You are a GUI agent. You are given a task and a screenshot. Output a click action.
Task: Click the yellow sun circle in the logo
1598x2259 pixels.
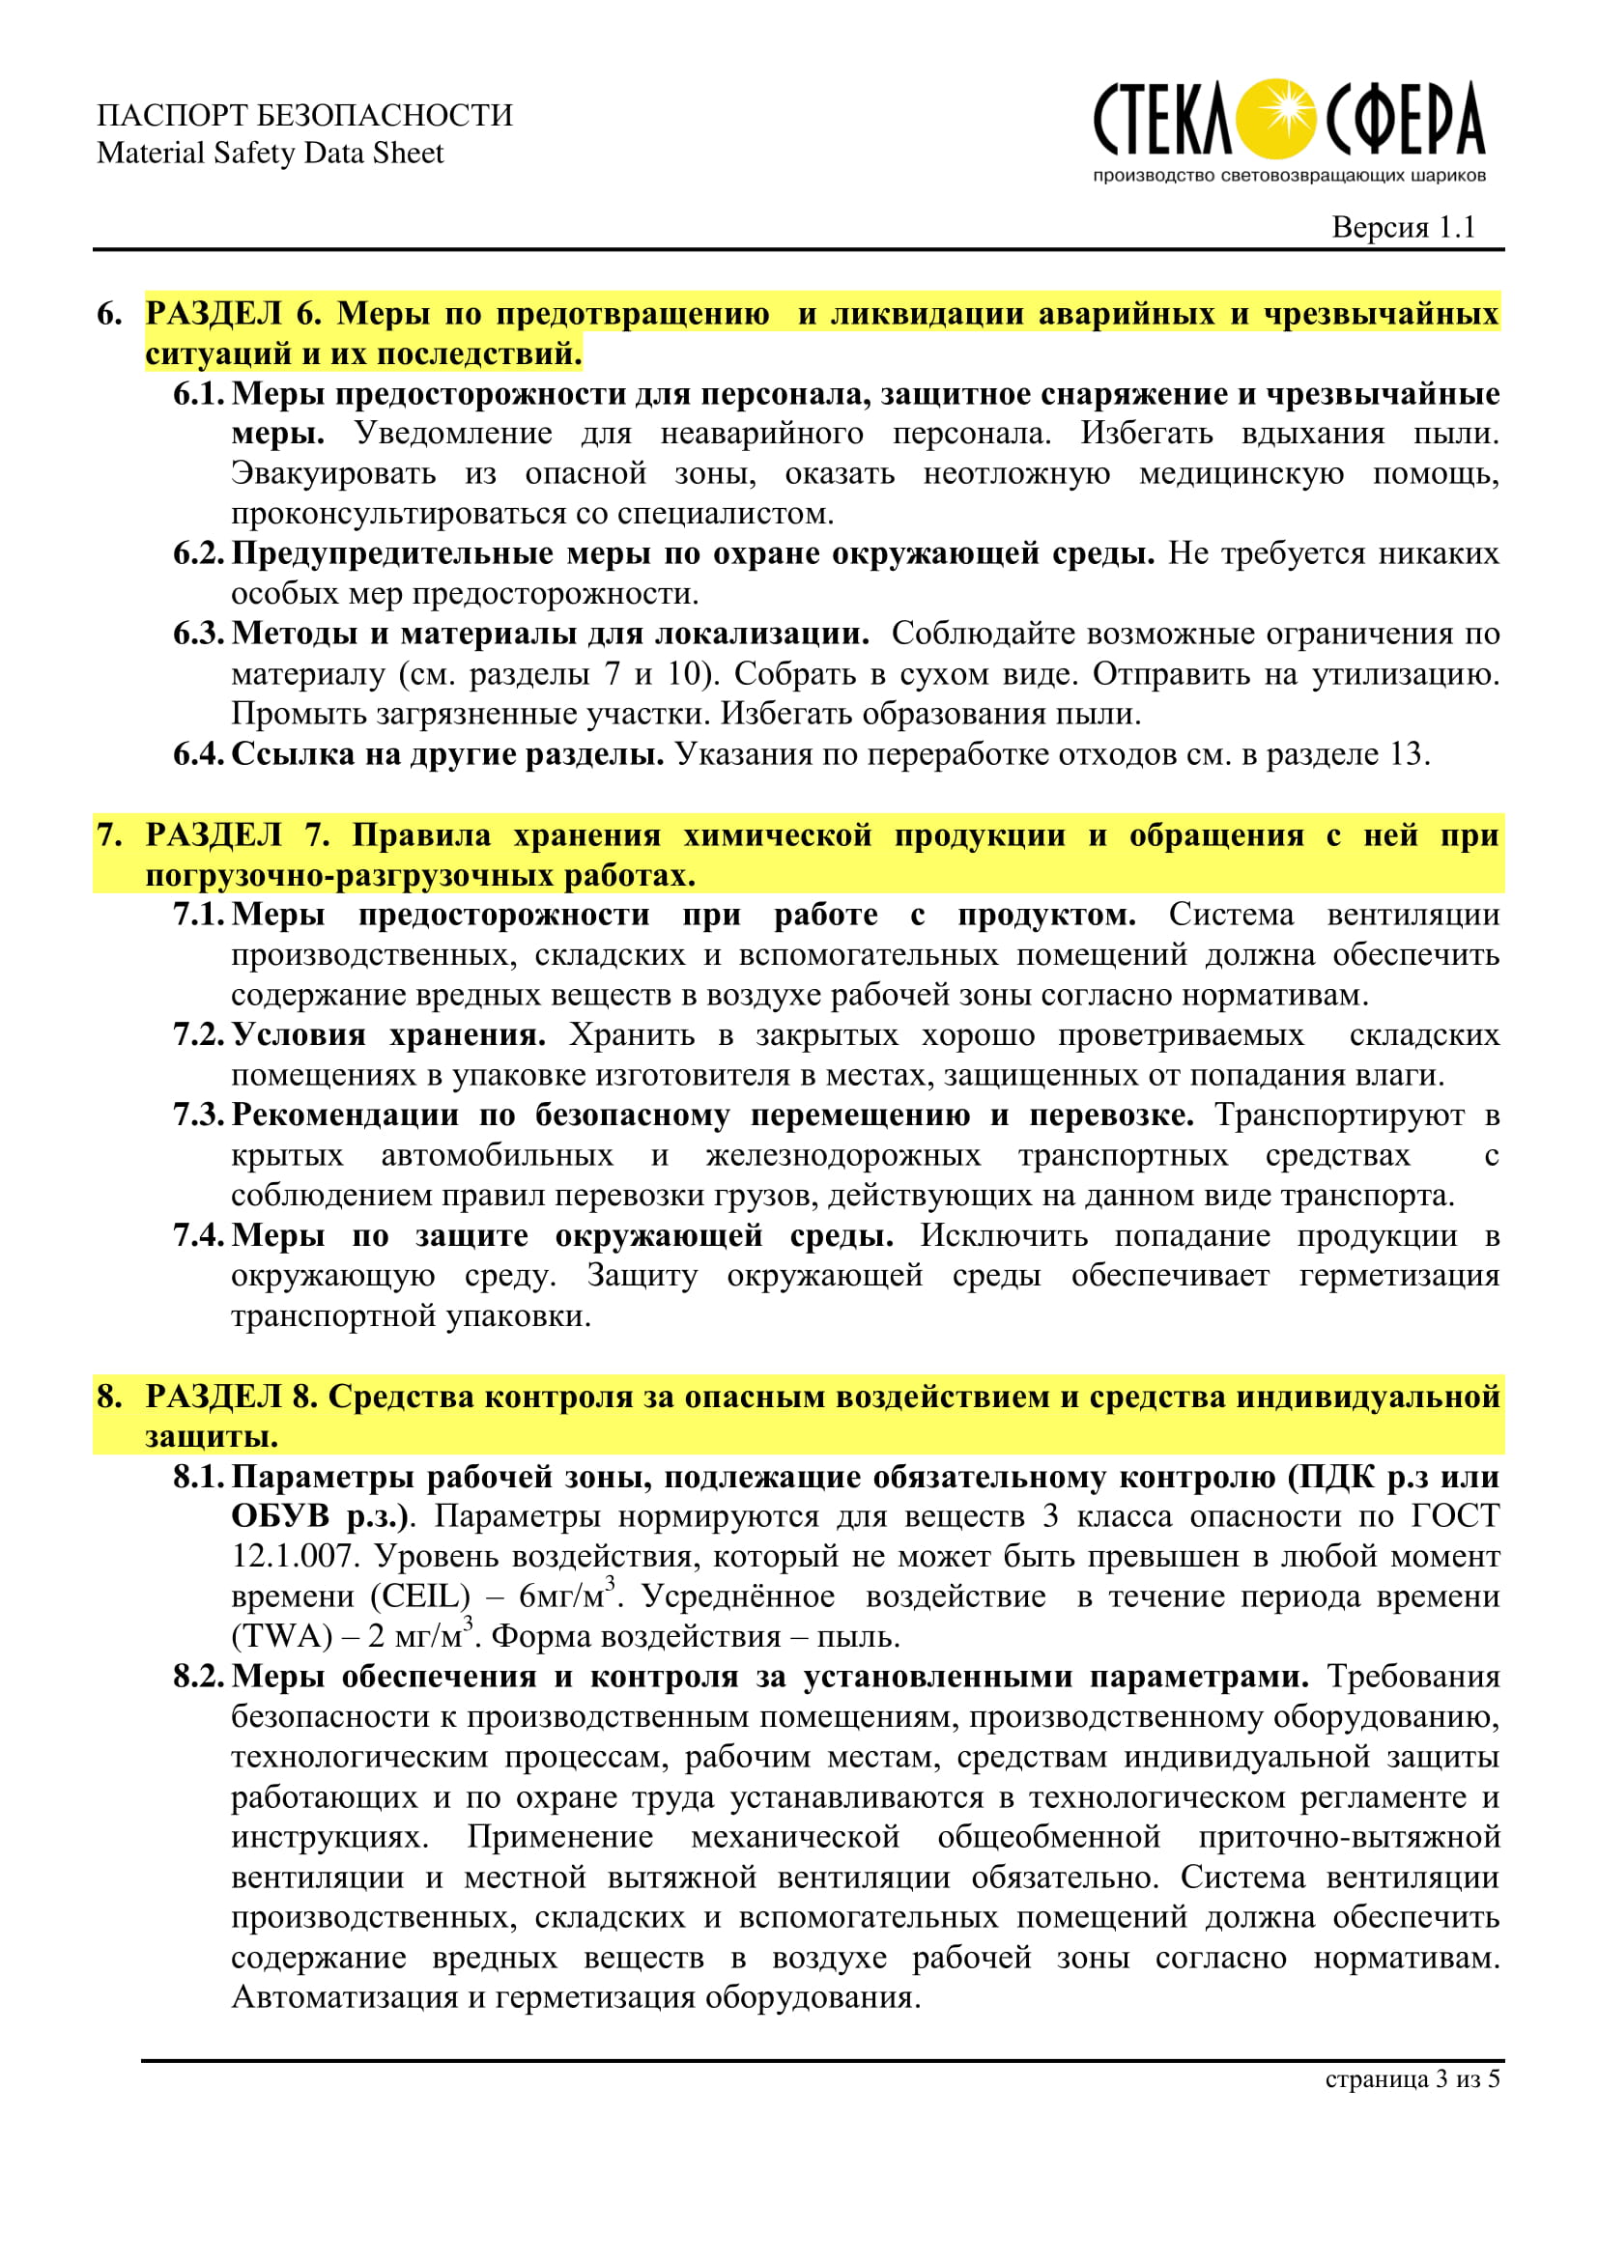tap(1275, 119)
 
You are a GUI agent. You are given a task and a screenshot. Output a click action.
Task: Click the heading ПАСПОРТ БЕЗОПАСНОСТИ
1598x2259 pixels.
tap(304, 115)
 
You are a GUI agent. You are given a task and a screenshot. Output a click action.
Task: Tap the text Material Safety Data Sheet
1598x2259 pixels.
tap(270, 154)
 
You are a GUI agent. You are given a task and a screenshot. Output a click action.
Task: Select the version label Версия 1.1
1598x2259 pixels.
tap(1403, 227)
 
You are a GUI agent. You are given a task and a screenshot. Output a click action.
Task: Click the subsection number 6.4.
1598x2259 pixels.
tap(199, 753)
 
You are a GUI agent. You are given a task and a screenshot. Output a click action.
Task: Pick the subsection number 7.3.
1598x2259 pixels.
tap(199, 1115)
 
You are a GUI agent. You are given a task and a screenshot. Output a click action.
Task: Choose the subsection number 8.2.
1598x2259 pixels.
tap(199, 1676)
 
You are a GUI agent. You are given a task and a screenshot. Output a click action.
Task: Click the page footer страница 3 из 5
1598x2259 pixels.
tap(1413, 2079)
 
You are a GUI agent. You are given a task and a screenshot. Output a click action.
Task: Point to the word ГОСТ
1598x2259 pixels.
tap(1455, 1515)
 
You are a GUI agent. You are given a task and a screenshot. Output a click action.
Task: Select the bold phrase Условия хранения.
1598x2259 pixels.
tap(388, 1034)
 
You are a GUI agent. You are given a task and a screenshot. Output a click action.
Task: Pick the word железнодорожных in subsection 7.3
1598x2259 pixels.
tap(843, 1155)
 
